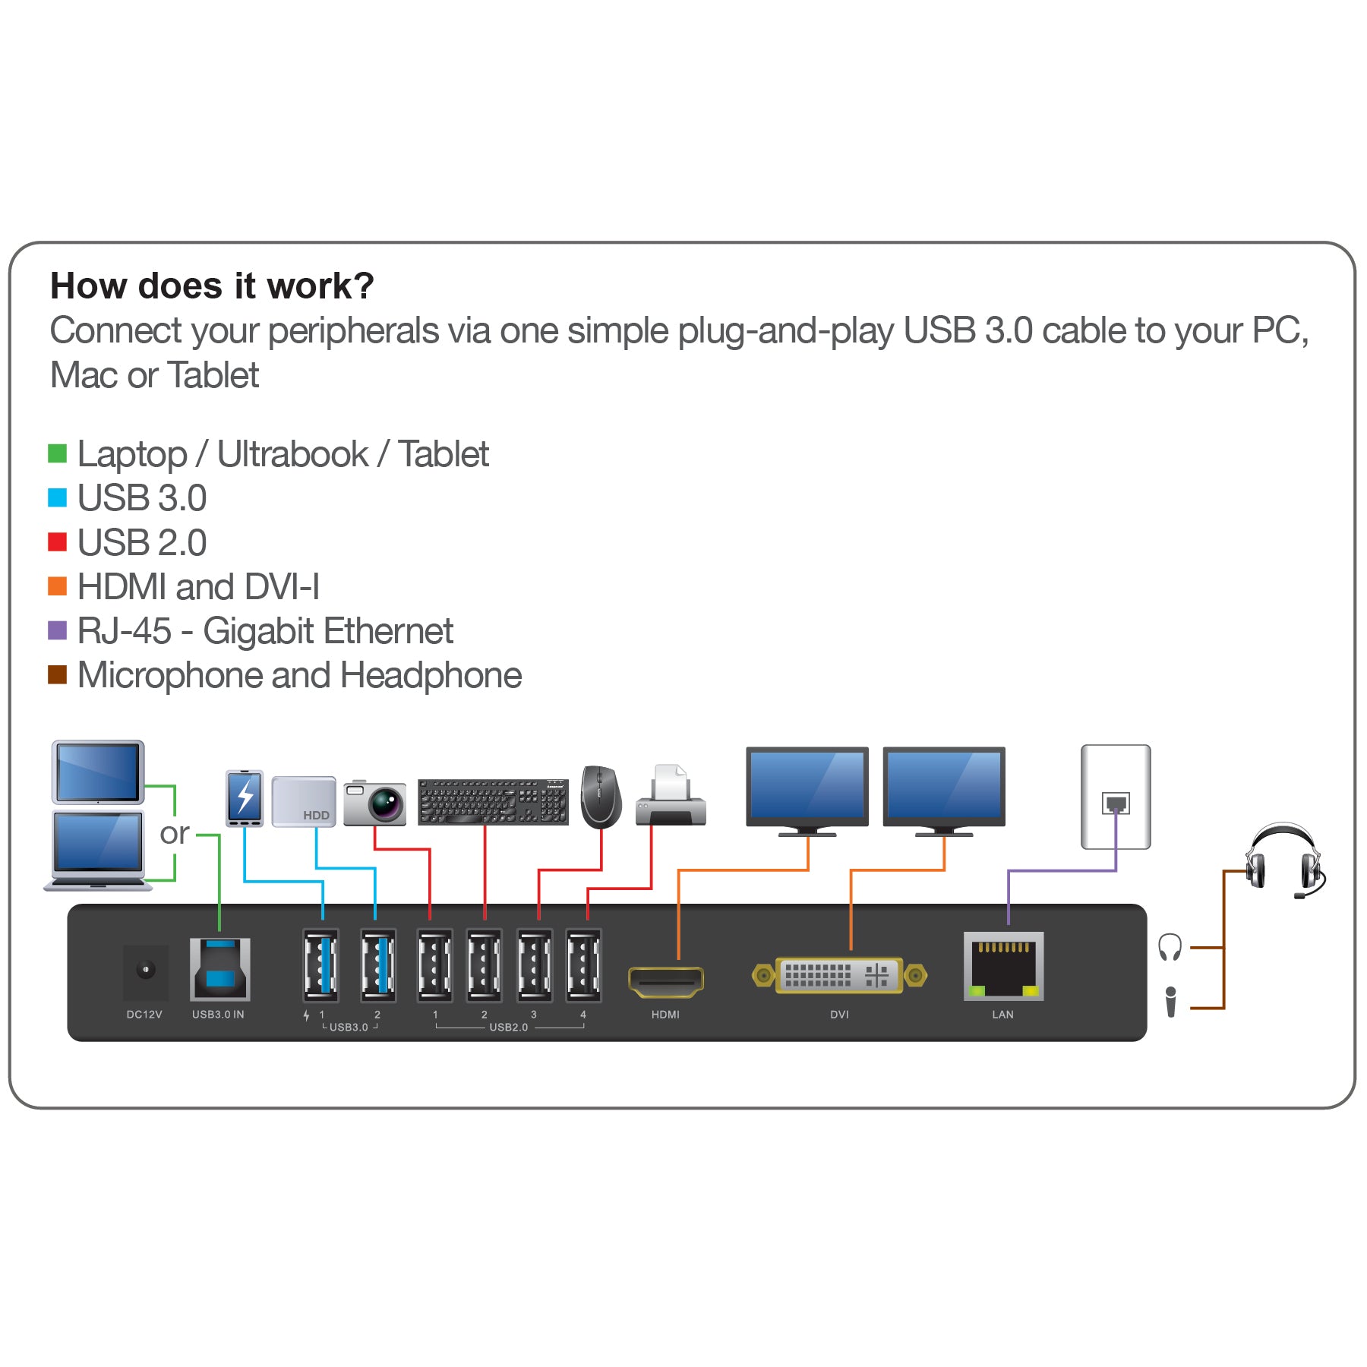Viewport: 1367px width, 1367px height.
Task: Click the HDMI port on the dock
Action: coord(666,981)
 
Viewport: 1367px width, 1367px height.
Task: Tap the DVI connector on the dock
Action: coord(838,975)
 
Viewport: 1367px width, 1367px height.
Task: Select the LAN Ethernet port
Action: coord(1003,966)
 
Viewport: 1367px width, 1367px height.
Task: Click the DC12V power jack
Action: coord(145,971)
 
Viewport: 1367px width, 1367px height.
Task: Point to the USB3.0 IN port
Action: coord(219,970)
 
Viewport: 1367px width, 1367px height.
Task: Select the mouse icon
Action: coord(600,797)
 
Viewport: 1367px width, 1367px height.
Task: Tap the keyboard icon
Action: coord(493,801)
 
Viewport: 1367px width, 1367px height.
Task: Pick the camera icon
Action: coord(374,803)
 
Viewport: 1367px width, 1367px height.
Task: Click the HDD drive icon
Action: coord(304,801)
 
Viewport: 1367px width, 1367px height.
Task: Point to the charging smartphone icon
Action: coord(245,798)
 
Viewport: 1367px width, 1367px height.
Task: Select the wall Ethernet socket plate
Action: coord(1115,797)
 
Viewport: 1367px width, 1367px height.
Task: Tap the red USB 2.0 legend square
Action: coord(58,542)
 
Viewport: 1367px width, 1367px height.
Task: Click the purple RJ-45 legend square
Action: coord(58,630)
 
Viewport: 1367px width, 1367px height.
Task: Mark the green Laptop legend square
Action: coord(58,453)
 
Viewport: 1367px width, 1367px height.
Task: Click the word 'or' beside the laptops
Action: coord(174,834)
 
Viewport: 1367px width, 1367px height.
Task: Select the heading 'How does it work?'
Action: coord(212,286)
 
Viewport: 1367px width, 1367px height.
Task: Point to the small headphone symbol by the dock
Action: coord(1170,947)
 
